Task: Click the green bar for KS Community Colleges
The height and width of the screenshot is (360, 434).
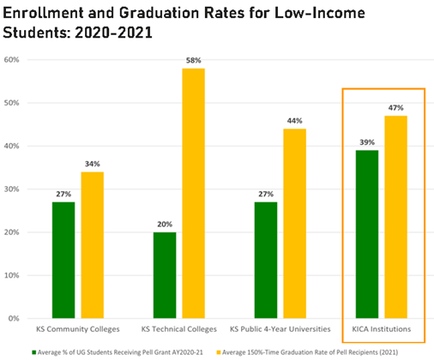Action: [63, 260]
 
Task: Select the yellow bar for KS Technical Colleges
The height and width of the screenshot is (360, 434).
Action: [193, 193]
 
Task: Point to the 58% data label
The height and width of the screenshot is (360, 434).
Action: [193, 60]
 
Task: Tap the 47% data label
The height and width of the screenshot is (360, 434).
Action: [395, 107]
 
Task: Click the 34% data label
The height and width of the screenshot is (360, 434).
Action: [92, 164]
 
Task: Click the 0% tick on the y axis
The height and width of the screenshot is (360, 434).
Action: [15, 318]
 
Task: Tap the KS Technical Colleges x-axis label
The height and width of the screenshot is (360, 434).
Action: [178, 329]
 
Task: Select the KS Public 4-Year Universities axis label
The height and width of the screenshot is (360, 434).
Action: [279, 329]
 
